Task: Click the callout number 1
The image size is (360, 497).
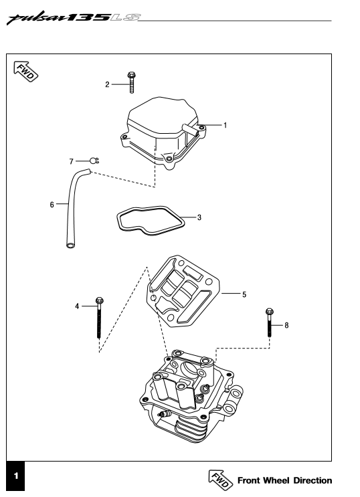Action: (226, 125)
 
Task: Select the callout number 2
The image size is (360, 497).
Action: (107, 84)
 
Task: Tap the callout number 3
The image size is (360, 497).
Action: (199, 217)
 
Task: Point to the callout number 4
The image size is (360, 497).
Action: (77, 306)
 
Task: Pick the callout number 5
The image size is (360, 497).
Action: (244, 294)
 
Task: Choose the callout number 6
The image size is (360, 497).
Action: (52, 205)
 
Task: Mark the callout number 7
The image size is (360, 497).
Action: (72, 162)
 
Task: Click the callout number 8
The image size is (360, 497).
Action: (286, 325)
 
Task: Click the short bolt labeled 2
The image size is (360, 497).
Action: (131, 83)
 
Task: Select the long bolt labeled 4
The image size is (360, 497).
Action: (99, 318)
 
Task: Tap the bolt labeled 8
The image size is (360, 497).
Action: (270, 322)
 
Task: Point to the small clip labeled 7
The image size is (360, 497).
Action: (94, 161)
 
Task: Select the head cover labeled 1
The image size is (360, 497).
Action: (163, 132)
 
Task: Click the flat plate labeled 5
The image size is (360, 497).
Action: (183, 291)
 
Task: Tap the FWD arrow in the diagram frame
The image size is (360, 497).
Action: (25, 71)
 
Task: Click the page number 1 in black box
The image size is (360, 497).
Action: (15, 476)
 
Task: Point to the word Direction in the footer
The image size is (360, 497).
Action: (312, 480)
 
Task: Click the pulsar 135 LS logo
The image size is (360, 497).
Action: (74, 18)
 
